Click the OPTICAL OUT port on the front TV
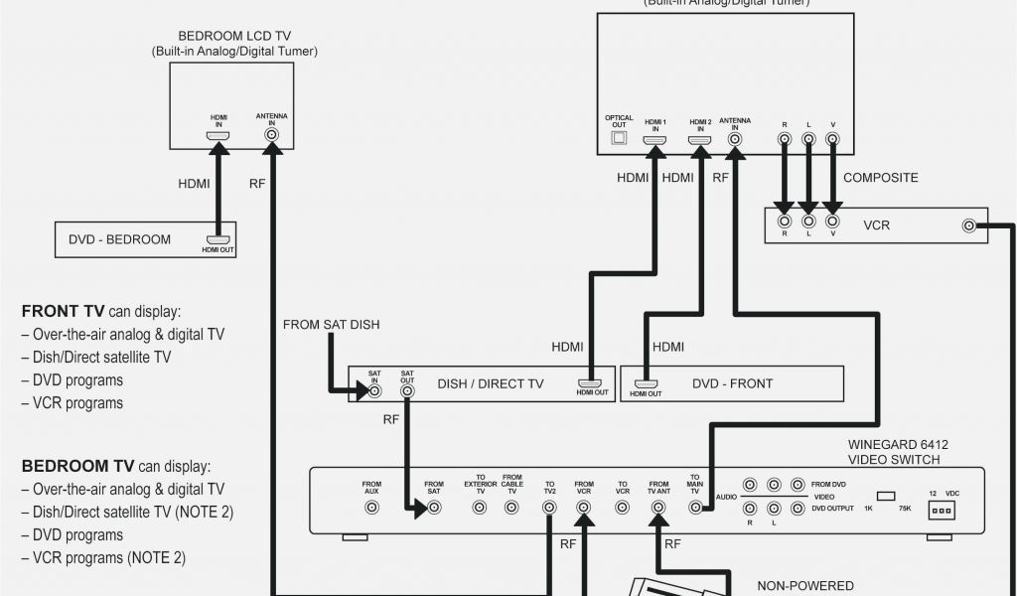pos(619,139)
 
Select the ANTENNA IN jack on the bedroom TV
pos(271,134)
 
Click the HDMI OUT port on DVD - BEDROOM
pos(218,239)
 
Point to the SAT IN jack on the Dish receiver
pos(374,391)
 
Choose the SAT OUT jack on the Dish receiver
pos(407,391)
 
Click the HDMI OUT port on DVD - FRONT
pos(647,383)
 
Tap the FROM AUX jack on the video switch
pos(371,507)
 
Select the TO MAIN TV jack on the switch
pos(695,507)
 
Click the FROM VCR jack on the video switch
pos(584,507)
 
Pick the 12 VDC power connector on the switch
pos(939,509)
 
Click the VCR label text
pos(876,225)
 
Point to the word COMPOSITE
pos(880,178)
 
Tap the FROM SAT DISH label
pos(331,325)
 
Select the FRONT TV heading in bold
pos(64,310)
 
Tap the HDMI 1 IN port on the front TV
pos(654,140)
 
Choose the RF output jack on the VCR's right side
pos(968,225)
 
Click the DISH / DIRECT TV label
pos(491,383)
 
